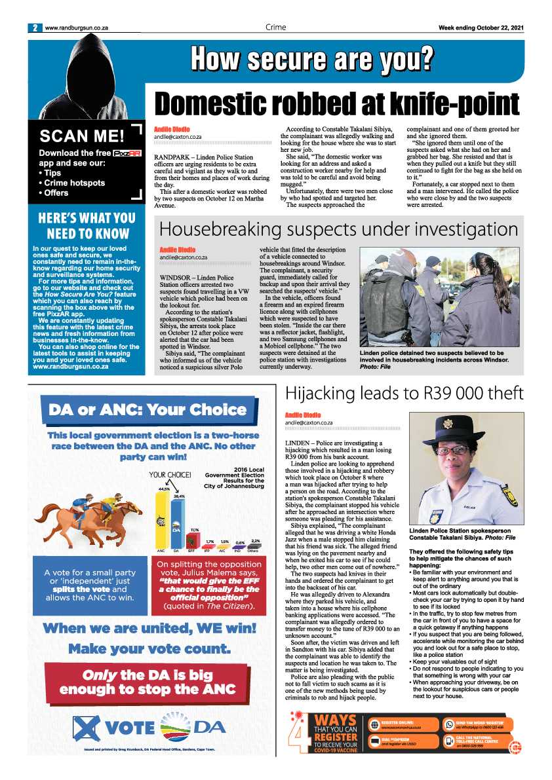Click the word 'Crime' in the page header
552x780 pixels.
click(x=276, y=28)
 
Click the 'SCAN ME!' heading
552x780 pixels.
click(x=81, y=136)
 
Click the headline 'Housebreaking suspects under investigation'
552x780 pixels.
click(x=339, y=229)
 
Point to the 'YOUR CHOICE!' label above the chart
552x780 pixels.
click(x=170, y=475)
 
